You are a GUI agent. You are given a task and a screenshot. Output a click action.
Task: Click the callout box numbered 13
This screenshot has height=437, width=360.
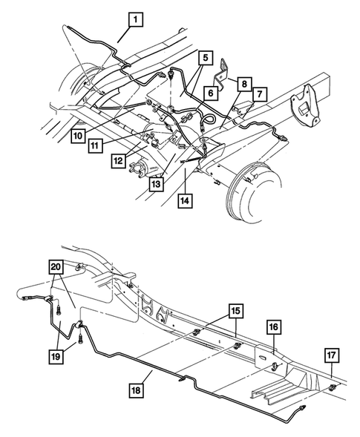click(x=154, y=183)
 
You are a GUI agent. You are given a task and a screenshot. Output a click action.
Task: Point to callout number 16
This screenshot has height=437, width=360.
click(x=273, y=327)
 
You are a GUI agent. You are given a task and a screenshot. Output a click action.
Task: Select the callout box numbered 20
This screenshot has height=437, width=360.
click(x=56, y=268)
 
